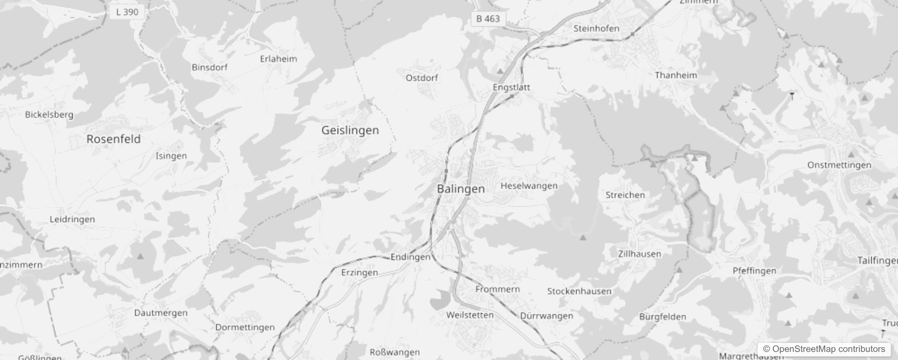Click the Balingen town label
(x=461, y=189)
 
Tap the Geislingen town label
(x=350, y=130)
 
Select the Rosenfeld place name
(x=113, y=139)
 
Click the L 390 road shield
(x=127, y=12)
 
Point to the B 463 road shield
(x=488, y=19)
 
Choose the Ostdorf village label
(x=422, y=78)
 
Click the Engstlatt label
(x=511, y=87)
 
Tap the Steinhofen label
(x=596, y=28)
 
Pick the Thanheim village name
(x=676, y=75)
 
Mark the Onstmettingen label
(x=839, y=165)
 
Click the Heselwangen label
(x=529, y=186)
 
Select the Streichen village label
(x=625, y=195)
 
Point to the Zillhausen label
(x=639, y=254)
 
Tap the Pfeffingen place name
(x=754, y=271)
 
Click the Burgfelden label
(x=662, y=317)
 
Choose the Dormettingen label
(x=245, y=327)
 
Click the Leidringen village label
(x=72, y=220)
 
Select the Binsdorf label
(x=209, y=67)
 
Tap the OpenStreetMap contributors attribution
(x=824, y=349)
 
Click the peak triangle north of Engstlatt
(x=500, y=71)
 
